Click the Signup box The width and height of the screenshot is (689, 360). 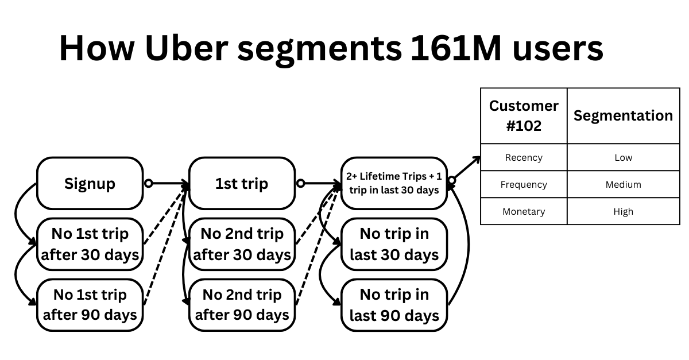point(90,184)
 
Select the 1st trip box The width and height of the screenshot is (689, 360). point(242,184)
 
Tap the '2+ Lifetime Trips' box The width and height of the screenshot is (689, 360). point(394,183)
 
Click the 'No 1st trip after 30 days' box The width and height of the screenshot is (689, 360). point(90,245)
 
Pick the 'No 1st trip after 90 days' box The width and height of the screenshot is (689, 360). point(90,305)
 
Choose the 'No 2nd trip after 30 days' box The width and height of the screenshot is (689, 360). point(242,245)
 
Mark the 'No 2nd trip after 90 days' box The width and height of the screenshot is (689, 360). point(242,305)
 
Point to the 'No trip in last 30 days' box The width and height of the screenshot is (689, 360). point(394,245)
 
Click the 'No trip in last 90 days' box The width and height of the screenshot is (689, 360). point(394,305)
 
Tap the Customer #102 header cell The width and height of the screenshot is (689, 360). point(524,116)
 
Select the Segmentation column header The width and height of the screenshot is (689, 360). point(623,116)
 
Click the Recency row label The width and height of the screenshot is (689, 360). point(524,157)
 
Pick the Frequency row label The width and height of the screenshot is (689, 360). point(524,184)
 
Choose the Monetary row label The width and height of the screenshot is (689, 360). point(524,211)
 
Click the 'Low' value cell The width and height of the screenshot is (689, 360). point(623,157)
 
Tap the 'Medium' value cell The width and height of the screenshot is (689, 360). point(623,184)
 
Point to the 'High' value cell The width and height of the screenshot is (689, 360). point(623,211)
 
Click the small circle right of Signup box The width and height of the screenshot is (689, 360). point(148,184)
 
